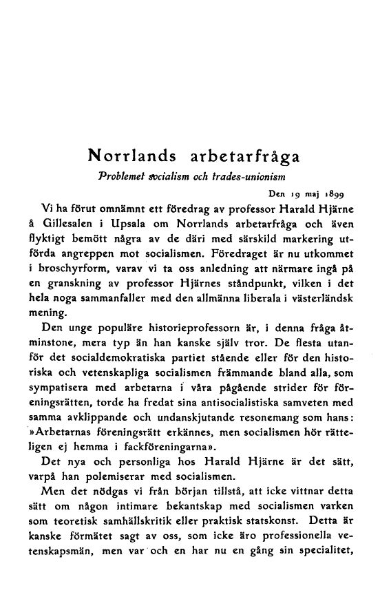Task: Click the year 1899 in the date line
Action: [x=334, y=193]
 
